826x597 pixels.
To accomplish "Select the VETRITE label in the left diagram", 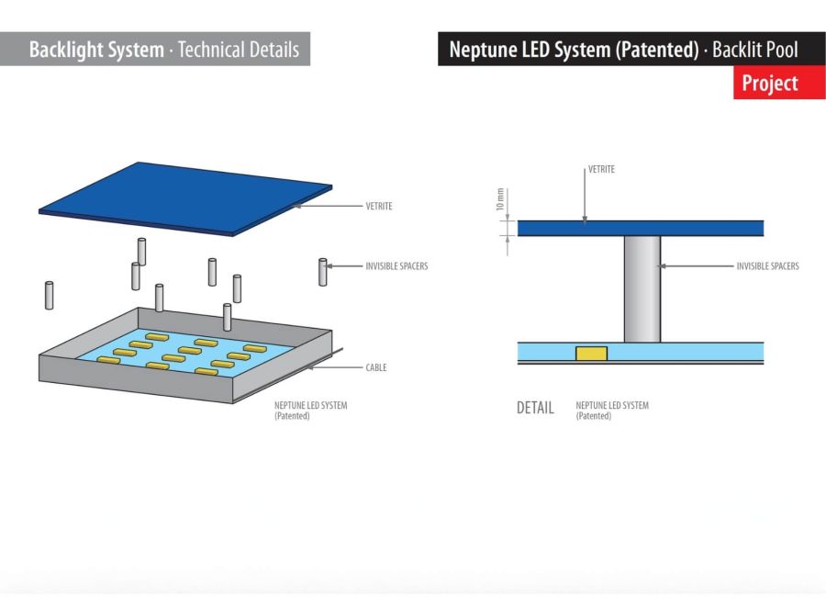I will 378,207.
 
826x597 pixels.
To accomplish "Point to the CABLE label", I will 375,368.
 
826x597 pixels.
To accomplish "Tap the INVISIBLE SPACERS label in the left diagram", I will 396,266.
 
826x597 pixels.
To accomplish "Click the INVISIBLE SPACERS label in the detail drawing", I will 767,266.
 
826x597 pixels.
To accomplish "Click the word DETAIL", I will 535,408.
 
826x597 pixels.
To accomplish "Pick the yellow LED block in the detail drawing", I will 591,354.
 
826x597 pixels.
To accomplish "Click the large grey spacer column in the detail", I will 642,288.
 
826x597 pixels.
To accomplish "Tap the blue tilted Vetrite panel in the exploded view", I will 184,197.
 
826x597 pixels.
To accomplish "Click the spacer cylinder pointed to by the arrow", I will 322,272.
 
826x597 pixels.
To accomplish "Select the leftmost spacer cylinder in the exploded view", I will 49,295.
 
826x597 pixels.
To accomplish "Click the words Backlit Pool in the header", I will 755,50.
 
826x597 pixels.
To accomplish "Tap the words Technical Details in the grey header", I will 239,50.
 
